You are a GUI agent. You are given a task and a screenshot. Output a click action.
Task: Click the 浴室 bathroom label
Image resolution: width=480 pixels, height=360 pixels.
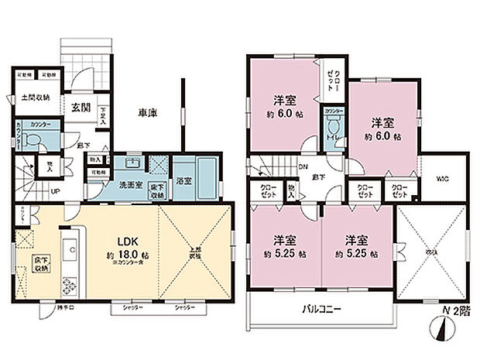pyautogui.click(x=184, y=187)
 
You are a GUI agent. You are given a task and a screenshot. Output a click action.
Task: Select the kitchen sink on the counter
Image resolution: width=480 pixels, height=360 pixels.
pyautogui.click(x=69, y=250)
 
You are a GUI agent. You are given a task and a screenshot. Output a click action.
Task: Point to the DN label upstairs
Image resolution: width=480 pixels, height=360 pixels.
pyautogui.click(x=303, y=167)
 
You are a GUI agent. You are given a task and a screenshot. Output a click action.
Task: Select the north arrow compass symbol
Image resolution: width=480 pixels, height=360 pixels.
pyautogui.click(x=442, y=334)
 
